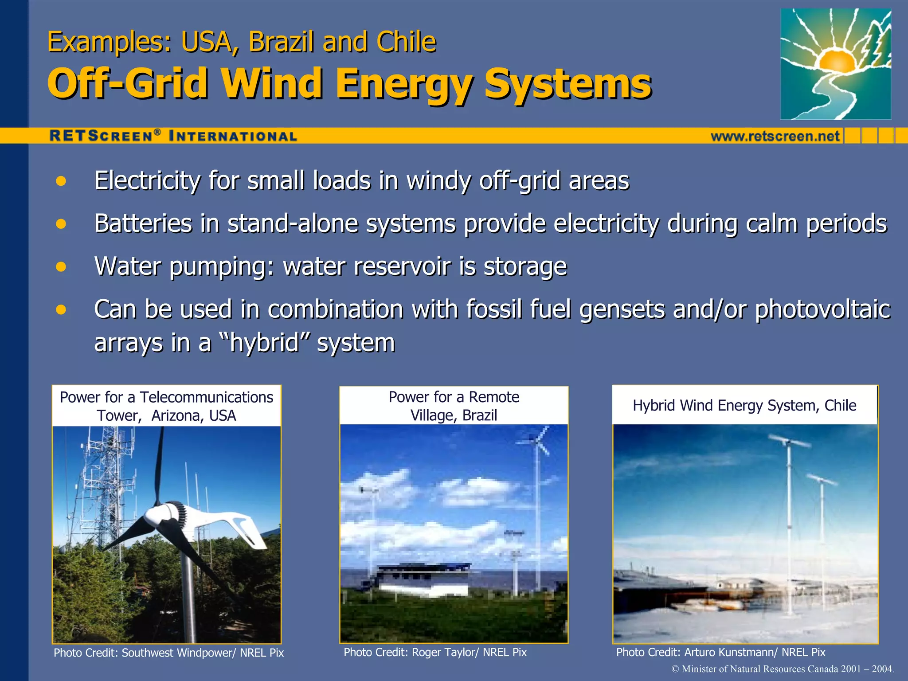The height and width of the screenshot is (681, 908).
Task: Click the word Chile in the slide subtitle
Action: pos(406,42)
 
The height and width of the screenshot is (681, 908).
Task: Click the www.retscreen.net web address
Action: pos(775,136)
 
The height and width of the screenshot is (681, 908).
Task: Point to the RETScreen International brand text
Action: pos(173,136)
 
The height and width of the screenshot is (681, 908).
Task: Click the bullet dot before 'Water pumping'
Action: pos(61,267)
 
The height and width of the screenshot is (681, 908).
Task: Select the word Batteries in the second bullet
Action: pos(143,223)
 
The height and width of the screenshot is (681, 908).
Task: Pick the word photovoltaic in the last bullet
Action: pos(822,309)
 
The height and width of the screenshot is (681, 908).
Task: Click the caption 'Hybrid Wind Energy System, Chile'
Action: pos(744,405)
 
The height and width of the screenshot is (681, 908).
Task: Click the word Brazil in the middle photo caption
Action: pos(479,415)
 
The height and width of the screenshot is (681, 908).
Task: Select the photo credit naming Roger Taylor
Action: pos(435,652)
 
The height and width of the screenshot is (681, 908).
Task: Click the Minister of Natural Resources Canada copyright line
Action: pos(783,669)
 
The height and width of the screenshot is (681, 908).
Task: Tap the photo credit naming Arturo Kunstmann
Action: pos(720,652)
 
